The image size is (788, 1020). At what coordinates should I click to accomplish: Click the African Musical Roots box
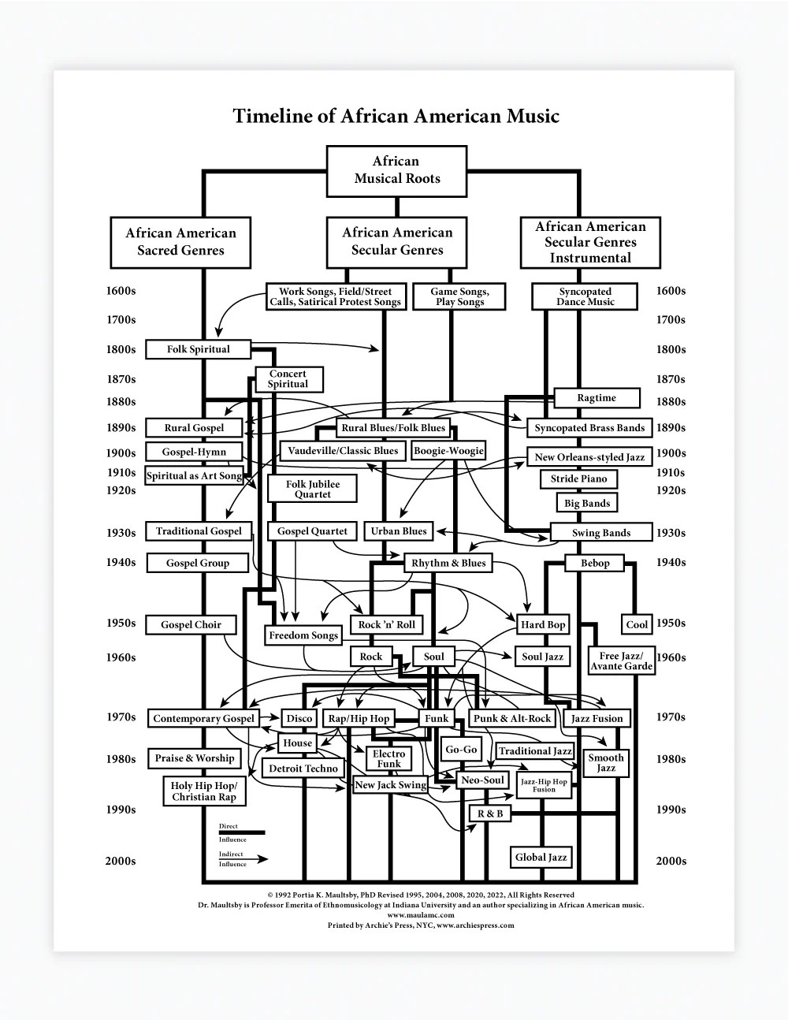pos(397,171)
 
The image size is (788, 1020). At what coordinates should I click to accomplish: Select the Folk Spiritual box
pos(198,349)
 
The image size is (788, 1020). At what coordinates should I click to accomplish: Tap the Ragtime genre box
pos(597,397)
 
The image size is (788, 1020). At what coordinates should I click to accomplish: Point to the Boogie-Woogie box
pos(448,451)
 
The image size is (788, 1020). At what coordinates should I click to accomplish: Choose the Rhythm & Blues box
pos(448,563)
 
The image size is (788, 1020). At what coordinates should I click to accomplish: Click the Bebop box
pos(595,563)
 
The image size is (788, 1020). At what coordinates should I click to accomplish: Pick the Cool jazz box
pos(637,624)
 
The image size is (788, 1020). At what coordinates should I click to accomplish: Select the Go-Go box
pos(461,749)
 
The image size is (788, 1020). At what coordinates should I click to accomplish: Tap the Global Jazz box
pos(541,857)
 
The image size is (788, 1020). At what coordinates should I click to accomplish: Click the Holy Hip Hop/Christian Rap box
pos(204,791)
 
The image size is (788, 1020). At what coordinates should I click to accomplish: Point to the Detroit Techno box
pos(303,769)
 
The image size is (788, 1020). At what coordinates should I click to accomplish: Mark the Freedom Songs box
pos(303,635)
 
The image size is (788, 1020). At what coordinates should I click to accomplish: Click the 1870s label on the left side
pos(121,379)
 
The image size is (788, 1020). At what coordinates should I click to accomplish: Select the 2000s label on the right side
pos(671,861)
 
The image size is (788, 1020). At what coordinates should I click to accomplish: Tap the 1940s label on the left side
pos(121,562)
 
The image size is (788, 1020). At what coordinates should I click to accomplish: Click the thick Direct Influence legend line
pos(242,832)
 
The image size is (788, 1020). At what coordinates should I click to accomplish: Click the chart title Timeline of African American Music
pos(396,116)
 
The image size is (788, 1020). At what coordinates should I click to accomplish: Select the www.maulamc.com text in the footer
pos(421,915)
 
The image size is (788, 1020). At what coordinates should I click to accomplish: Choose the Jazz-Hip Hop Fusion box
pos(544,785)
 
